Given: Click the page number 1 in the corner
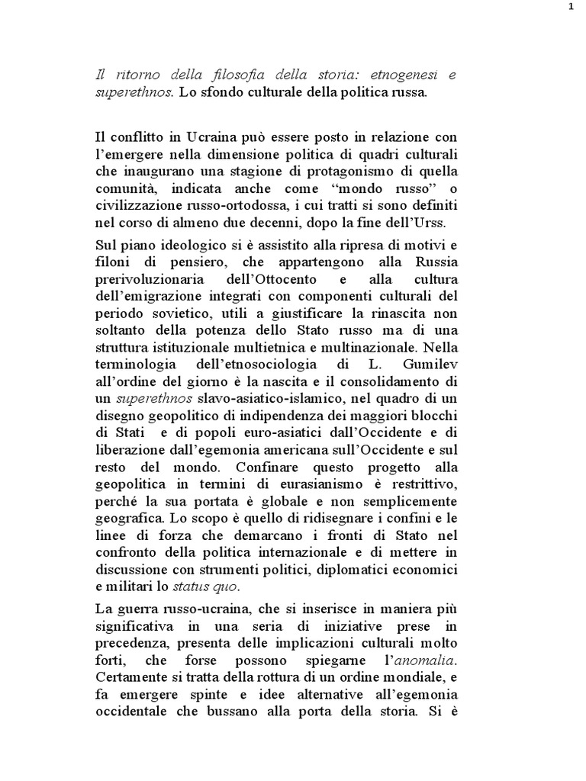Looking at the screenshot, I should click(570, 8).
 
